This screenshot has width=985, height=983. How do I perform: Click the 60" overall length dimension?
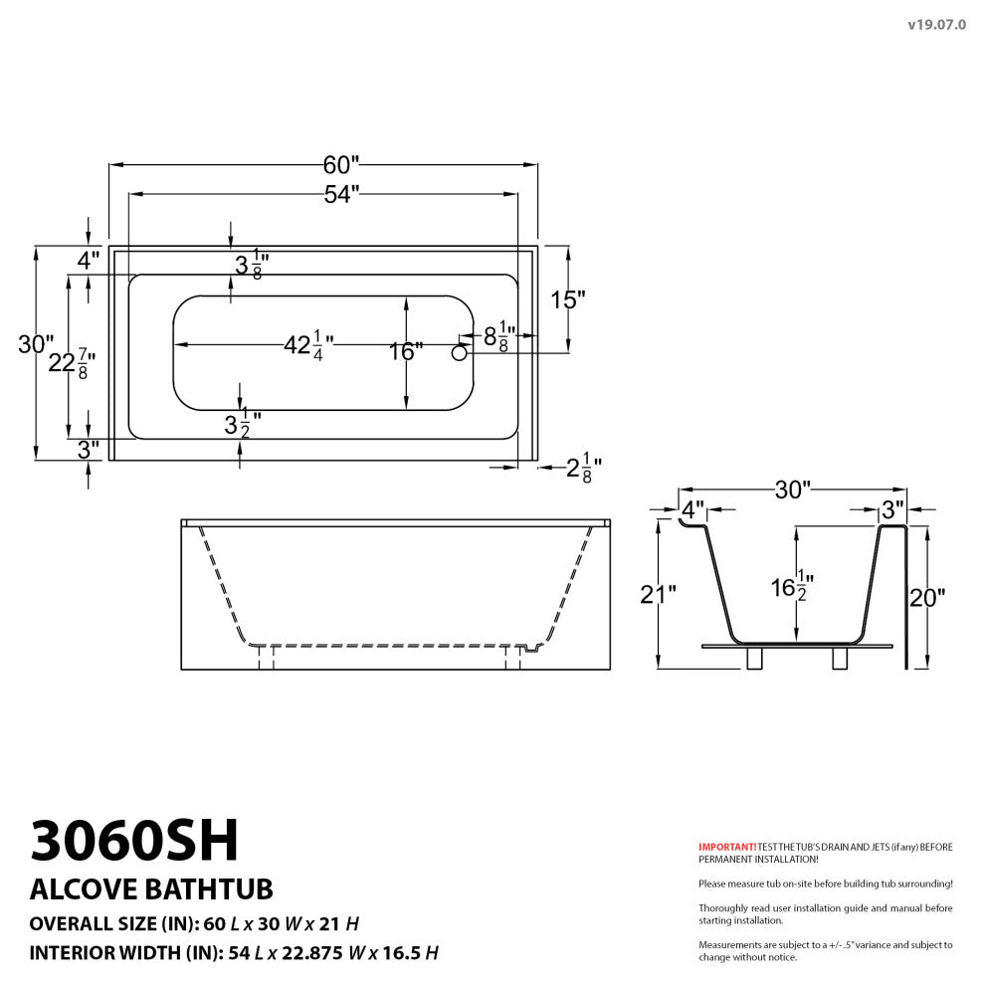click(341, 163)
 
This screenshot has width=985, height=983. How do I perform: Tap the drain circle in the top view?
click(460, 352)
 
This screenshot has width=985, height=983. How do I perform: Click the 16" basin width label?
click(406, 351)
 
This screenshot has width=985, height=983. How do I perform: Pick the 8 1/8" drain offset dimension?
click(497, 336)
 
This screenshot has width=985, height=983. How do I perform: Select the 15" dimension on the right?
click(568, 299)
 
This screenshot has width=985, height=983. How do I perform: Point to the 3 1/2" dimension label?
click(242, 425)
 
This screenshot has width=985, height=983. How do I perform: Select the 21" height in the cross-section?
click(658, 595)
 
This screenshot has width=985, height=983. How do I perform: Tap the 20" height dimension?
click(927, 597)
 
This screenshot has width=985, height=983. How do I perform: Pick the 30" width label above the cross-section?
click(793, 489)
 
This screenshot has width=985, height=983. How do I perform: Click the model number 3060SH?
click(135, 842)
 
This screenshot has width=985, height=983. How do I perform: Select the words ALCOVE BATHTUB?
click(151, 887)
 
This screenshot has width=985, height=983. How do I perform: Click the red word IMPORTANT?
click(727, 847)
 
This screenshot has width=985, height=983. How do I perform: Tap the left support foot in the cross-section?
click(754, 660)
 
